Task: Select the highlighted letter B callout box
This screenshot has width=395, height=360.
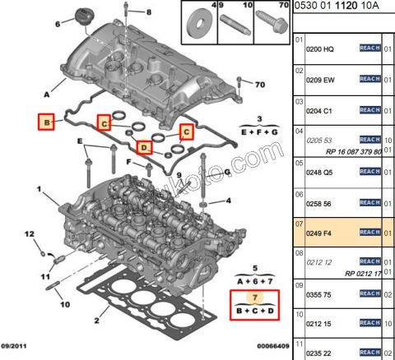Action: click(x=48, y=122)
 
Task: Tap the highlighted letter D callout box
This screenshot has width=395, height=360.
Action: click(x=145, y=148)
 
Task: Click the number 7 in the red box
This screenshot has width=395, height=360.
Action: click(x=255, y=297)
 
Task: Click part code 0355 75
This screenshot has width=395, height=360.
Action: click(x=320, y=297)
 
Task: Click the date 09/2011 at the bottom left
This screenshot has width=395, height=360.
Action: click(x=18, y=348)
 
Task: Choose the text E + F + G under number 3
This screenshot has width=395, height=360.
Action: click(x=258, y=132)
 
